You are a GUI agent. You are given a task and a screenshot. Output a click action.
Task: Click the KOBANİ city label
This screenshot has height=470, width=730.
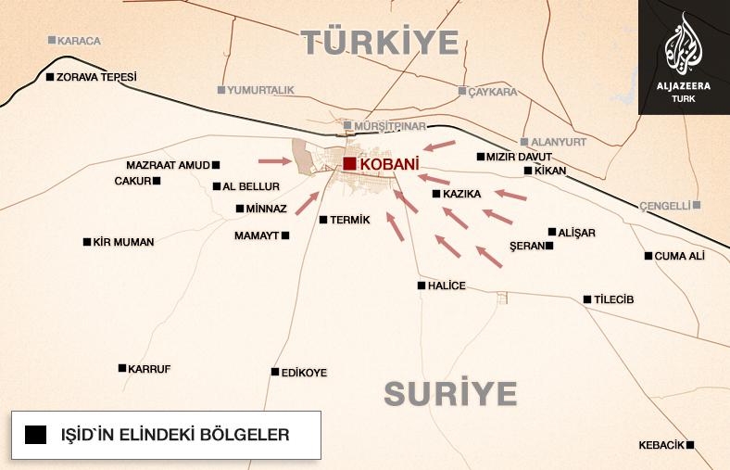pyautogui.click(x=383, y=165)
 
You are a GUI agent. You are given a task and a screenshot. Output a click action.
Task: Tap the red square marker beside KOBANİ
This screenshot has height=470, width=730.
pyautogui.click(x=348, y=164)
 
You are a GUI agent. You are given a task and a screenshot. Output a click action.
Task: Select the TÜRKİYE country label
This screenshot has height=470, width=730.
pyautogui.click(x=380, y=42)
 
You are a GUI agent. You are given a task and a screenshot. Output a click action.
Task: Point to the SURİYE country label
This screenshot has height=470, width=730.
pyautogui.click(x=450, y=393)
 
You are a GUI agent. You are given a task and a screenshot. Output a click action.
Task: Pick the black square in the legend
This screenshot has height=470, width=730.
pyautogui.click(x=36, y=434)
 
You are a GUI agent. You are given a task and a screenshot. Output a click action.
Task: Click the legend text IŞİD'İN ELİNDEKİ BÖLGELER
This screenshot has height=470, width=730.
pyautogui.click(x=174, y=434)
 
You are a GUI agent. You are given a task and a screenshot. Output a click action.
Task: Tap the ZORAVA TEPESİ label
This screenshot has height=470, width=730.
pyautogui.click(x=95, y=77)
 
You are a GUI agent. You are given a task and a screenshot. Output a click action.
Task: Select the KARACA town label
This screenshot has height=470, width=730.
pyautogui.click(x=79, y=41)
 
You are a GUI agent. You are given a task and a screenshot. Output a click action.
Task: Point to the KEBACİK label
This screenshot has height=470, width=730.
pyautogui.click(x=661, y=445)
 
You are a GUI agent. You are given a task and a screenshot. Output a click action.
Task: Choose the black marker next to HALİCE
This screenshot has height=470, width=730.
pyautogui.click(x=422, y=286)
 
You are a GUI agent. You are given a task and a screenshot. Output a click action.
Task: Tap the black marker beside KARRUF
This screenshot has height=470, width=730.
pyautogui.click(x=122, y=368)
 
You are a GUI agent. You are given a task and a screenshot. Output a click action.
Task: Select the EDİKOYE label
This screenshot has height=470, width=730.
pyautogui.click(x=304, y=373)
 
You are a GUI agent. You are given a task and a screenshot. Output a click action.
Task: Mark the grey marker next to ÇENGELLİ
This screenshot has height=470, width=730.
pyautogui.click(x=697, y=205)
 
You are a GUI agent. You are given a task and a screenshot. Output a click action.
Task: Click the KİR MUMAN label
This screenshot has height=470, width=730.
pyautogui.click(x=123, y=242)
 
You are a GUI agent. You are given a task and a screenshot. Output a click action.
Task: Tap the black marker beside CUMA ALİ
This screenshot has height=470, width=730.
pyautogui.click(x=648, y=256)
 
